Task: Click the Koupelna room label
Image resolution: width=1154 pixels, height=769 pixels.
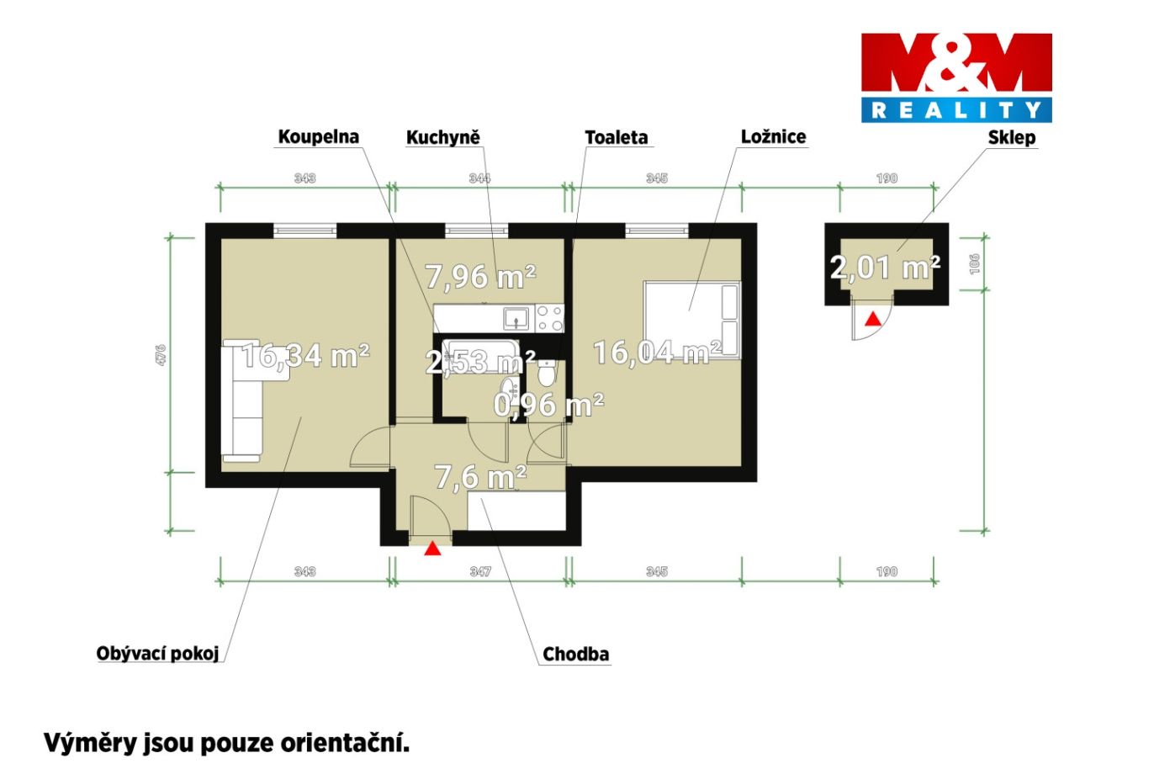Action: pyautogui.click(x=319, y=136)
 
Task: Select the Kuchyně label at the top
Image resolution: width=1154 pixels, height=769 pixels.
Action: pyautogui.click(x=443, y=137)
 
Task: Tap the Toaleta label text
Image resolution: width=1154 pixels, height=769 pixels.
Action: pyautogui.click(x=617, y=137)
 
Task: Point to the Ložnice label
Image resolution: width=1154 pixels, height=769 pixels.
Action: pyautogui.click(x=773, y=136)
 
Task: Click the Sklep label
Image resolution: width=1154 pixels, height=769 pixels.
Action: pyautogui.click(x=1011, y=138)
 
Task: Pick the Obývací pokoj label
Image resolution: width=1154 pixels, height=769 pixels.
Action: pyautogui.click(x=157, y=653)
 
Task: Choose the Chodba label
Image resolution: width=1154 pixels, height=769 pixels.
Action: pyautogui.click(x=575, y=654)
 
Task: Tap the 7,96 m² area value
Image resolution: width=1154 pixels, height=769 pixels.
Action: pyautogui.click(x=480, y=276)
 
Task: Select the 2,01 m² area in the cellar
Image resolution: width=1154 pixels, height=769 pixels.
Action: pyautogui.click(x=885, y=267)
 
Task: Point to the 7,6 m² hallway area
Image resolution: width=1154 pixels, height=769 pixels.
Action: pyautogui.click(x=480, y=476)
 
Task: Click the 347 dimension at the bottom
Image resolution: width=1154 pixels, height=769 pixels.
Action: pyautogui.click(x=480, y=571)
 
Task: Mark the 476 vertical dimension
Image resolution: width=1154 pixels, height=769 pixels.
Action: pyautogui.click(x=161, y=354)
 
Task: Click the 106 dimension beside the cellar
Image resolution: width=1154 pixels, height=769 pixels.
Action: pyautogui.click(x=974, y=264)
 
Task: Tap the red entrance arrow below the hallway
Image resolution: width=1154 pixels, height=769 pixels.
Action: pyautogui.click(x=432, y=549)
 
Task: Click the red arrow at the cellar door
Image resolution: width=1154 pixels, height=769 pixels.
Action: pyautogui.click(x=873, y=319)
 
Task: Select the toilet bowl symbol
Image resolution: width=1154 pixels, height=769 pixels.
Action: pyautogui.click(x=547, y=374)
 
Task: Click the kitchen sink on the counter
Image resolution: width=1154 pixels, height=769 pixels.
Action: pyautogui.click(x=516, y=318)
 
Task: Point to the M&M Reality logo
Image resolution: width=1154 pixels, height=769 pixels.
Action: pyautogui.click(x=956, y=78)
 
